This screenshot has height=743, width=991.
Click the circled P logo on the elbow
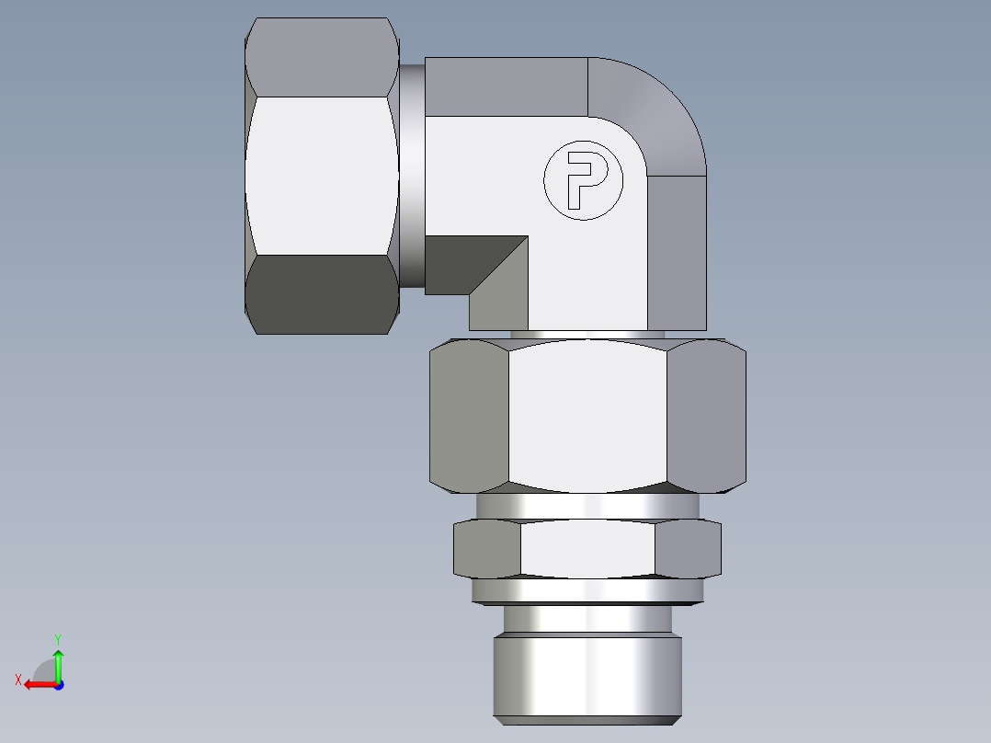pos(583,180)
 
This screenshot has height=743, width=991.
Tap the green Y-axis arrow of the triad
pos(58,663)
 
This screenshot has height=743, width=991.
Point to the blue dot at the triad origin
pos(58,684)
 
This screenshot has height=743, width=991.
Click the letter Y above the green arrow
pos(58,638)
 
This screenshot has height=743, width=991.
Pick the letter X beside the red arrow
pos(18,680)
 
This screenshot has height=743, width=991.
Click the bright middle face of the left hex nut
pos(322,176)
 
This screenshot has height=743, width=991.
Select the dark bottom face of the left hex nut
pos(322,294)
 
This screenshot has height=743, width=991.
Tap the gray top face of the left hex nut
pos(322,57)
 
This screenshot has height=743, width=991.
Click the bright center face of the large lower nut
pos(587,414)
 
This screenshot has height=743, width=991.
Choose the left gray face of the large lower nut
pos(470,414)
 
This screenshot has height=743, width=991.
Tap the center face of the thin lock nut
pos(587,549)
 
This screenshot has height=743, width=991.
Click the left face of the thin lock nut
pos(487,549)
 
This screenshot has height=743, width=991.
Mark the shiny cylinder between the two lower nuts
pos(587,506)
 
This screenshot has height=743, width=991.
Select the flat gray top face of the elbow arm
pos(506,86)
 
